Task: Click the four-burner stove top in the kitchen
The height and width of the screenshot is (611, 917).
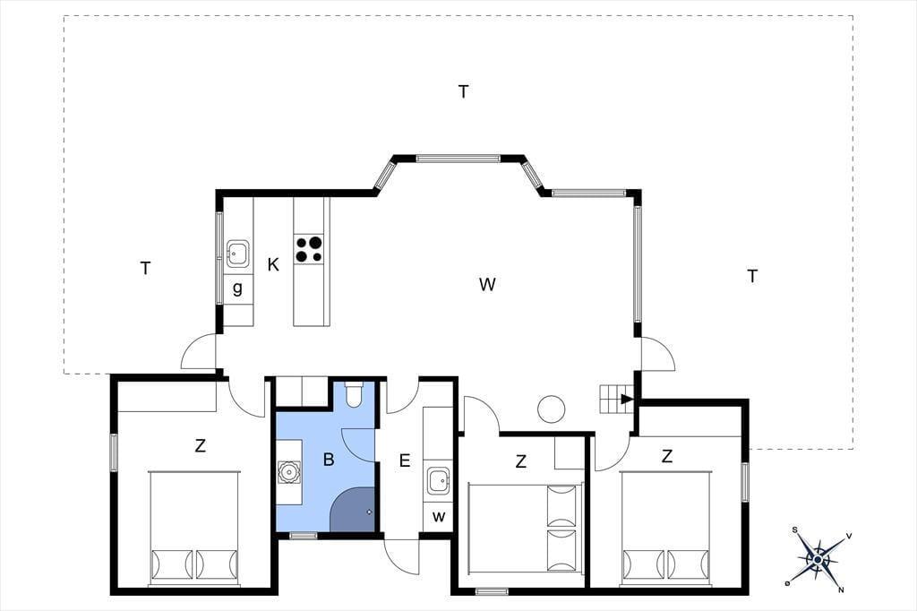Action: (x=309, y=249)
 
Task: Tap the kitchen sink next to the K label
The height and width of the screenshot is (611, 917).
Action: (x=237, y=253)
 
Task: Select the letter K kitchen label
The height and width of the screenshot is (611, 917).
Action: (x=273, y=265)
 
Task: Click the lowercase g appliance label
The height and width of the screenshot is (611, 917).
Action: (x=237, y=288)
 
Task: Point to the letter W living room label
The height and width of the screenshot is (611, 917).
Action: (x=487, y=284)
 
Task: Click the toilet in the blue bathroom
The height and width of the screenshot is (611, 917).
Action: (x=354, y=394)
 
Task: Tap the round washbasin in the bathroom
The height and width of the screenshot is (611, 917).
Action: (x=289, y=472)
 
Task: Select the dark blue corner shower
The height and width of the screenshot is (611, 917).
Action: (x=352, y=511)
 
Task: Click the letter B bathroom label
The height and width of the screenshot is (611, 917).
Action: (x=329, y=460)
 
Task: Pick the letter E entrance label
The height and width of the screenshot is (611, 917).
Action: (x=405, y=460)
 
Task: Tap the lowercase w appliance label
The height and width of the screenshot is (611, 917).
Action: (x=439, y=517)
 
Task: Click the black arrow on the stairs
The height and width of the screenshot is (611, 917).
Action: (x=627, y=400)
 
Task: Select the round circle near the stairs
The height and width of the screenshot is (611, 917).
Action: (x=552, y=409)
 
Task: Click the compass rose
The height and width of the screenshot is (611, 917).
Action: (x=818, y=560)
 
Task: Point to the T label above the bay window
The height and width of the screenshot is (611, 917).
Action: (x=463, y=92)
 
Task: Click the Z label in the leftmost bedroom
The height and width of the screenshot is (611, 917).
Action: (x=200, y=446)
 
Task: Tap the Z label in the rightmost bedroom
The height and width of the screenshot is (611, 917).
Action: (x=666, y=456)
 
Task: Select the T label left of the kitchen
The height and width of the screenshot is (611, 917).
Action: (x=146, y=269)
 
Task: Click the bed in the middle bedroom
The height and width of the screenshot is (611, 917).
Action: (x=526, y=527)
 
